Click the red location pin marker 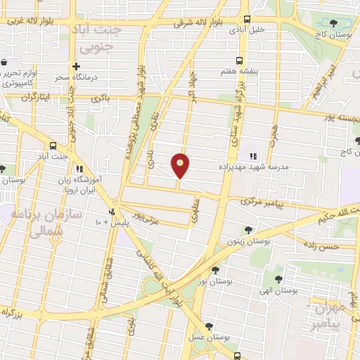181,165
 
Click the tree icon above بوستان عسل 209,326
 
